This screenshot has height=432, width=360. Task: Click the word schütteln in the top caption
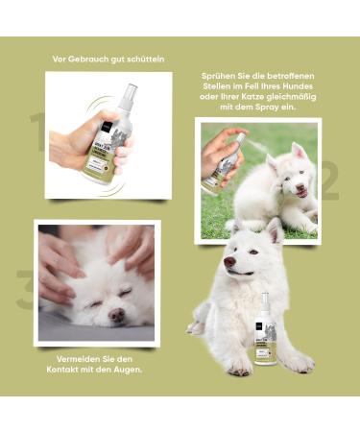[145, 59]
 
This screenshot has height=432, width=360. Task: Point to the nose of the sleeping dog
[116, 314]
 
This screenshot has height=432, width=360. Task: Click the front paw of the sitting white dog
[239, 367]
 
